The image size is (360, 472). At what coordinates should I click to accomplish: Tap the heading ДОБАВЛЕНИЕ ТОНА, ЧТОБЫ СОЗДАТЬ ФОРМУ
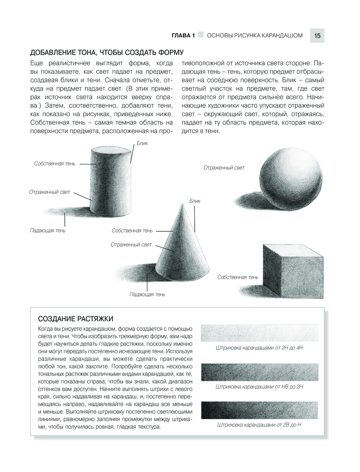(x=107, y=53)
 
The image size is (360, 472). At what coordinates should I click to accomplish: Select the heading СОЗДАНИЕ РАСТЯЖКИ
(x=76, y=319)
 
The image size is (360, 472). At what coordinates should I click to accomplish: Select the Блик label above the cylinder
(x=142, y=143)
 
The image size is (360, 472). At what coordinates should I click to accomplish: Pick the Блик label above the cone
(x=194, y=201)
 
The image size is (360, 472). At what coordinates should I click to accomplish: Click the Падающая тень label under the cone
(x=147, y=294)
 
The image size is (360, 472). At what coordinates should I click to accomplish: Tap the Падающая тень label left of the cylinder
(x=48, y=230)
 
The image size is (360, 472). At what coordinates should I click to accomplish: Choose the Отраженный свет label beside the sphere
(x=224, y=168)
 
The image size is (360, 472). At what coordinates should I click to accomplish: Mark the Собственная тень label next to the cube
(x=238, y=277)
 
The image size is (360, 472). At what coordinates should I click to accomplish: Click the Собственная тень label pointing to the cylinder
(x=55, y=164)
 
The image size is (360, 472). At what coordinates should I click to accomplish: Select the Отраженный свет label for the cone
(x=131, y=245)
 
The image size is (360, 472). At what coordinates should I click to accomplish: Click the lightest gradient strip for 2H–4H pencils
(x=259, y=333)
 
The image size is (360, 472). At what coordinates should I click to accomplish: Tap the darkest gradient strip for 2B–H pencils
(x=259, y=410)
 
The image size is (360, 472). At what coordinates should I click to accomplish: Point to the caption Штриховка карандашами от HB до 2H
(x=259, y=387)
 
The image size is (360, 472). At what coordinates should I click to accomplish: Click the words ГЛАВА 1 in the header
(x=183, y=36)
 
